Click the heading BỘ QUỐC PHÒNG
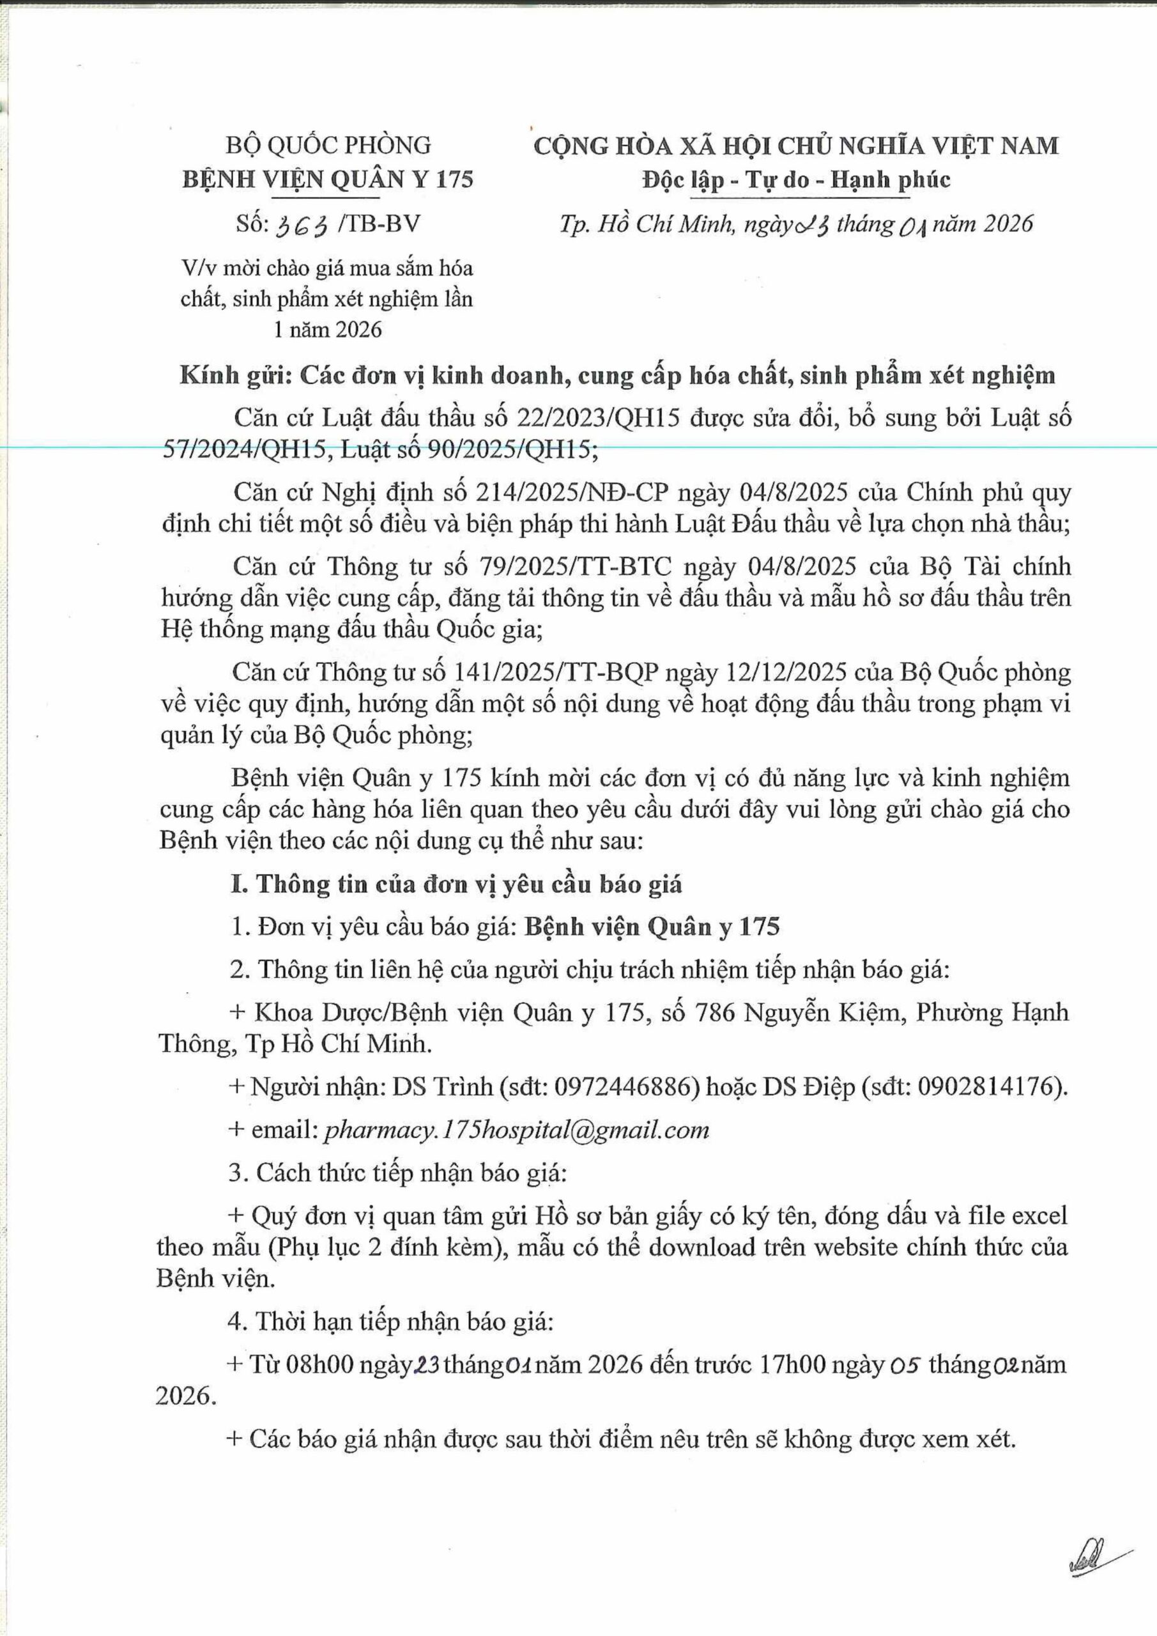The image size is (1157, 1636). pyautogui.click(x=328, y=145)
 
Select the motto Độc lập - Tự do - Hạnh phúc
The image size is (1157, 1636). pyautogui.click(x=796, y=180)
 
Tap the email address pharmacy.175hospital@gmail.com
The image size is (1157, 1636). pyautogui.click(x=516, y=1129)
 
